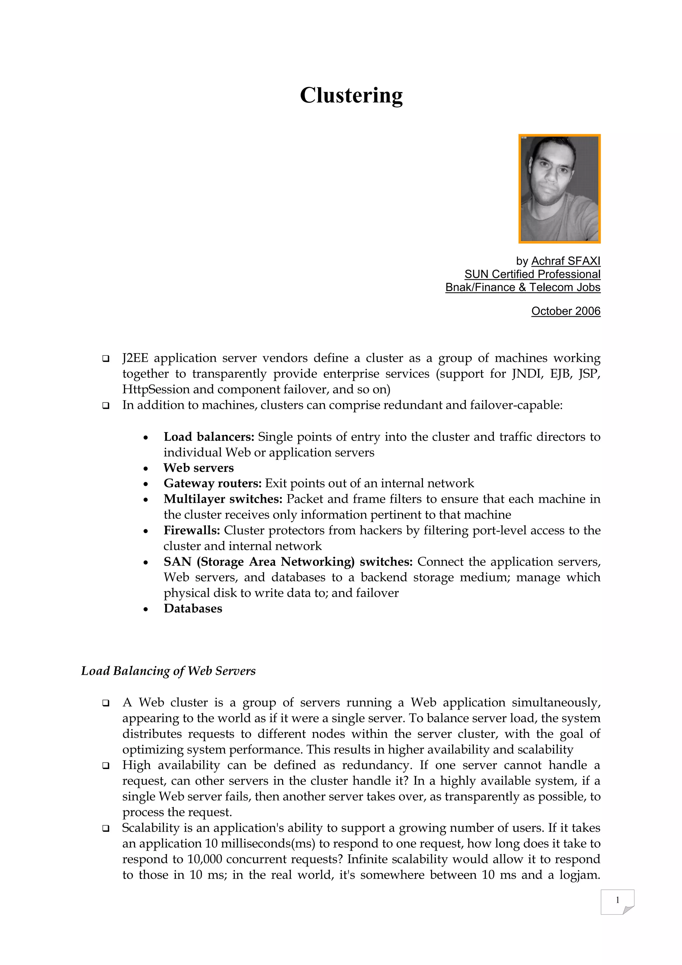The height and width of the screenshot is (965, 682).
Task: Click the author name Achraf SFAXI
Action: (x=566, y=261)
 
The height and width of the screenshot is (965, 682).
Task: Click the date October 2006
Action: (x=566, y=311)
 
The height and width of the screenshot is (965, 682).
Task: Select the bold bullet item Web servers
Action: (x=198, y=468)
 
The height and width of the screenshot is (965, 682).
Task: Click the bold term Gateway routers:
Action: (x=212, y=483)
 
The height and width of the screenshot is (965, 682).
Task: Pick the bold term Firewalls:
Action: (x=192, y=530)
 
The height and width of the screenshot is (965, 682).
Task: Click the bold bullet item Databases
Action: (x=193, y=608)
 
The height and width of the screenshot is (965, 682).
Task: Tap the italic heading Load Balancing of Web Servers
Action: (x=168, y=671)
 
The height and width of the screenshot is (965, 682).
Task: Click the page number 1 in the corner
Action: (x=617, y=900)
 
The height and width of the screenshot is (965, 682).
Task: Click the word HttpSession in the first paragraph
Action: (x=156, y=390)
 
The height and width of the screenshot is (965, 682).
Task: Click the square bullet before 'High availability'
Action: (x=106, y=766)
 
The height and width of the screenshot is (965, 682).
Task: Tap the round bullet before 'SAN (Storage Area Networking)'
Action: (x=145, y=563)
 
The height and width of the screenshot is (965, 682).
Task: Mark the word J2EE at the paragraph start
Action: (x=135, y=358)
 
